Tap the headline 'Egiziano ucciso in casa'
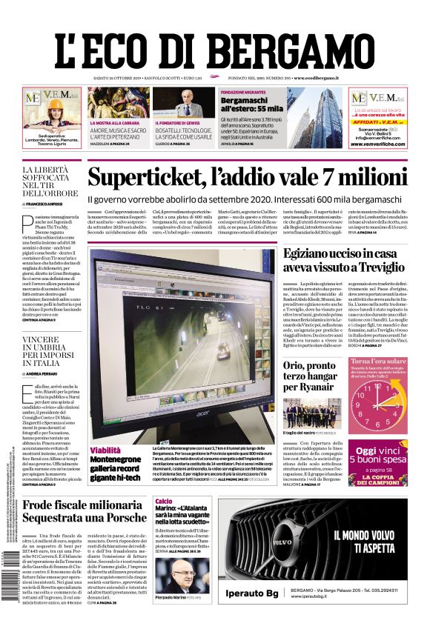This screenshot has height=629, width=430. [345, 254]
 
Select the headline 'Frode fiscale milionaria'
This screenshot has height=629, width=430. [94, 506]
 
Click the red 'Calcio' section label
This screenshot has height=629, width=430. [163, 502]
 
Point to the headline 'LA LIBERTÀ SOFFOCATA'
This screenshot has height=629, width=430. [45, 180]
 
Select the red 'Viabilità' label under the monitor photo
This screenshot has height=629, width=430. [105, 450]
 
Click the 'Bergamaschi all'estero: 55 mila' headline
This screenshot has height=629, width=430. [248, 104]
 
